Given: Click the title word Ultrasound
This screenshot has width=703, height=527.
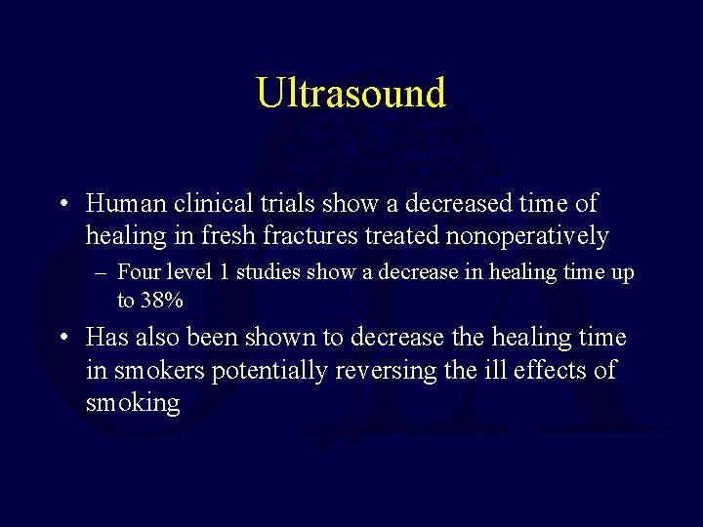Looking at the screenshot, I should [351, 93].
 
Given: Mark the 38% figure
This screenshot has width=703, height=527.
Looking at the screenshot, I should [162, 301].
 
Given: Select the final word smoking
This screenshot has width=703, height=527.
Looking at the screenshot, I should [133, 404].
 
